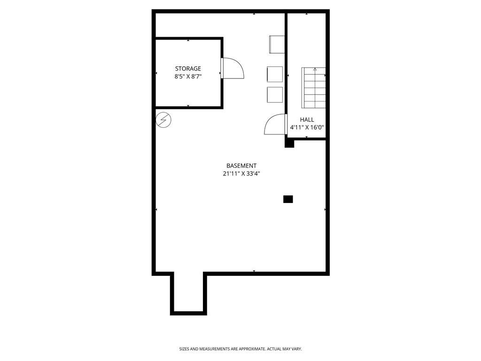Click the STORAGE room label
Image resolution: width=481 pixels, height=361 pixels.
tap(188, 69)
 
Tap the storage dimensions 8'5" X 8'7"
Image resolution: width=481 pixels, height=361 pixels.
tap(188, 77)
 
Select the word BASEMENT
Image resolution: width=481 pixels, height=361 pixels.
tap(241, 165)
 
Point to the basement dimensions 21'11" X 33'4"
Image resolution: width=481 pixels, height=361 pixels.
tap(241, 173)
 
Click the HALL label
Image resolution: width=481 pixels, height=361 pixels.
tap(307, 120)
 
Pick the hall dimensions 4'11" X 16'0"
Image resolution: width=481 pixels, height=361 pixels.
tap(307, 127)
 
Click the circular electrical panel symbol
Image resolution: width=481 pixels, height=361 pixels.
tap(163, 120)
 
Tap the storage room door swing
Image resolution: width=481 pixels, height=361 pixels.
tap(233, 69)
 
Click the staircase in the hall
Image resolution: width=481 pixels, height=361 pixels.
tap(314, 88)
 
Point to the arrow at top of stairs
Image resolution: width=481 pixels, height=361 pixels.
tap(315, 70)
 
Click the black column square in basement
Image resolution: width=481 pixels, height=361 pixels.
tap(288, 199)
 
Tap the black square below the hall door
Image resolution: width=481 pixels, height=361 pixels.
tap(289, 143)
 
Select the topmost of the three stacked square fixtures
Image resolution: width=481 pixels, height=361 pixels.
tap(277, 44)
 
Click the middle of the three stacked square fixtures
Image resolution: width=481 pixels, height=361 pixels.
tap(275, 74)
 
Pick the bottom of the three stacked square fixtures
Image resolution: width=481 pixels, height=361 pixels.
tap(275, 94)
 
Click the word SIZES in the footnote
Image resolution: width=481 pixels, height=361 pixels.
tap(184, 349)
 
